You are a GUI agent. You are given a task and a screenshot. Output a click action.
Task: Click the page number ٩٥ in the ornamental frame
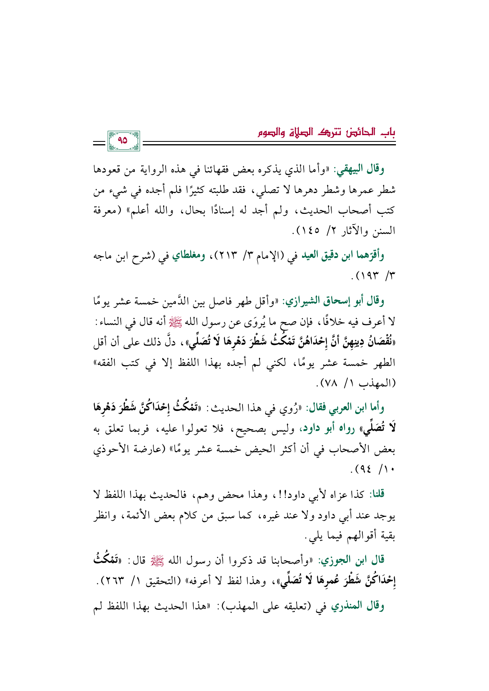(123, 140)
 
